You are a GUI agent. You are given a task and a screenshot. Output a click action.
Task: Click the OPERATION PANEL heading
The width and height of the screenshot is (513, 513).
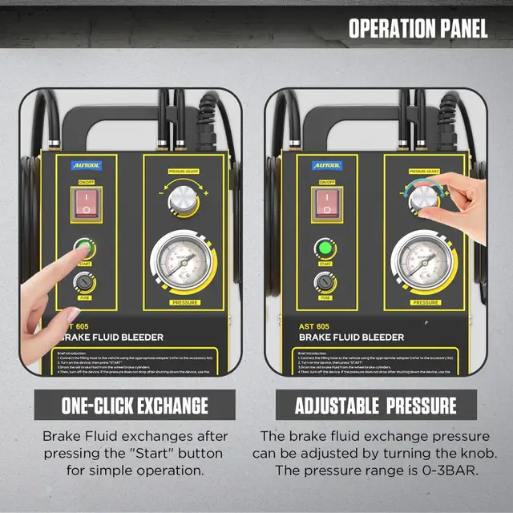point(418,30)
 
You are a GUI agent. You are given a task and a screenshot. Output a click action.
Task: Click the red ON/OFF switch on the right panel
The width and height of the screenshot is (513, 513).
point(325,204)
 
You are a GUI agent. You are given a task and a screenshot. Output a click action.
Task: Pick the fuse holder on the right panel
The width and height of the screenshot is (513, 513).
point(325,282)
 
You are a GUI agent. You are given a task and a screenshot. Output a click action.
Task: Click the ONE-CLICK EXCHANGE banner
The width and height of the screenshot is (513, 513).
point(135,405)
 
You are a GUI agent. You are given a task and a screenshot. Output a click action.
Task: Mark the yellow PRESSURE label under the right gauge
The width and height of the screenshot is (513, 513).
point(426,303)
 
